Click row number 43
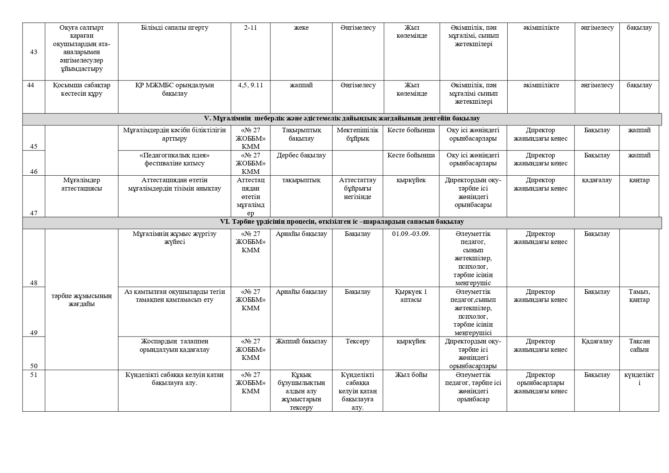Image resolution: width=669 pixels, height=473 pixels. (34, 52)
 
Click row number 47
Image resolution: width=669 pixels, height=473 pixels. (34, 213)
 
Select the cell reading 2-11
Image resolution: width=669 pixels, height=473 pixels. (250, 28)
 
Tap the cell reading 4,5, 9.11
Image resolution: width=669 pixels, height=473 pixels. (250, 85)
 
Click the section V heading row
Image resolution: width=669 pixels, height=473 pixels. (342, 119)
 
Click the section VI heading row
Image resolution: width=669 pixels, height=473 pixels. (342, 222)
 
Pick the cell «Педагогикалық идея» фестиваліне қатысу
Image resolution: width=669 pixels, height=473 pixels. (174, 159)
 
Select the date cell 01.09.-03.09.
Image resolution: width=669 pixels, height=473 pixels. (411, 234)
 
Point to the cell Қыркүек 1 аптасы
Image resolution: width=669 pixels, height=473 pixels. (411, 296)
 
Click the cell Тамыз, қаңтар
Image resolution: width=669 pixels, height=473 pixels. (639, 296)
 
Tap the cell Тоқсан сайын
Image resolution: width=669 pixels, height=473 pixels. (639, 345)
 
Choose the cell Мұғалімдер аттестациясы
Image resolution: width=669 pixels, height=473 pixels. (82, 184)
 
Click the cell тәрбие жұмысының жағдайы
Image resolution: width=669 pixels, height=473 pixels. (82, 300)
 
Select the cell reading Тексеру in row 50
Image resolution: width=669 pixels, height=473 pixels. (357, 342)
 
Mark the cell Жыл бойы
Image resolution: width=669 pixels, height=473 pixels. (411, 375)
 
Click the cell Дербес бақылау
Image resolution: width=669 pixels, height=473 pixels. (301, 156)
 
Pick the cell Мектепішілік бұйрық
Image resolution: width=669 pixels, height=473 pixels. (357, 134)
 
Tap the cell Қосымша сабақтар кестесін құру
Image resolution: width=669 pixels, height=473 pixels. (82, 90)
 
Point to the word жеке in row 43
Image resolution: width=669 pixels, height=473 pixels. (301, 28)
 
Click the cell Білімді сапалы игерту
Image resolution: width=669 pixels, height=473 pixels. (174, 28)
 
